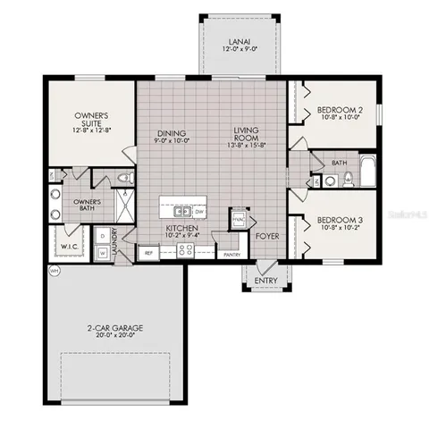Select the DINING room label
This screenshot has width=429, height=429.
[171, 133]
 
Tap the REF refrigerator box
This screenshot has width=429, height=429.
[151, 253]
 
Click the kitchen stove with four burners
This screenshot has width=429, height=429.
[187, 250]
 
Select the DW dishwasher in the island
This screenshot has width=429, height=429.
[199, 212]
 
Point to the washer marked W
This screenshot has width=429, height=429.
[104, 253]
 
